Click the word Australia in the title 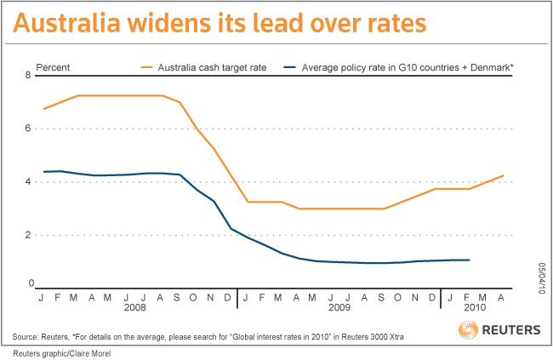(66, 23)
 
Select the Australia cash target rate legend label (212, 67)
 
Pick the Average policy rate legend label (408, 67)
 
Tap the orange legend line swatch (146, 67)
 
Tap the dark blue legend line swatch (290, 67)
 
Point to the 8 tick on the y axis (28, 75)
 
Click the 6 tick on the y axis (28, 129)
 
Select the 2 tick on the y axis (28, 235)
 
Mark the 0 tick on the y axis (31, 283)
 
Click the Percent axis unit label (53, 67)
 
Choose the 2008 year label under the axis (134, 307)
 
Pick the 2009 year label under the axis (339, 307)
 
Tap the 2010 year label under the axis (475, 307)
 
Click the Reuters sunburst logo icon (468, 329)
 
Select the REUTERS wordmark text (511, 330)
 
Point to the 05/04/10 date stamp (542, 278)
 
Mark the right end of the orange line (504, 175)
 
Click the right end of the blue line (470, 260)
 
